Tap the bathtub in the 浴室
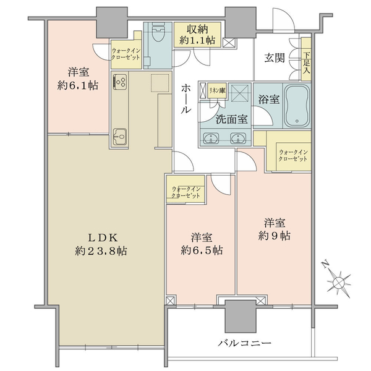(297, 106)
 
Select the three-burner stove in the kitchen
(120, 82)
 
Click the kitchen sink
(120, 137)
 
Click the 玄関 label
(275, 58)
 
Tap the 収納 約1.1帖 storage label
(197, 35)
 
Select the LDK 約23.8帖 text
(101, 244)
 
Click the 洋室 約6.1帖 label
(78, 79)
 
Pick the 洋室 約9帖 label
(275, 229)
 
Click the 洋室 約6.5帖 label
(202, 244)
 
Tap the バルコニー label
(244, 343)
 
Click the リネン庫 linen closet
(217, 90)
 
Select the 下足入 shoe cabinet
(306, 59)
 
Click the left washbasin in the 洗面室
(211, 139)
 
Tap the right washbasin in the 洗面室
(239, 139)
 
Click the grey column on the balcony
(241, 317)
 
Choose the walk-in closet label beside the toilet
(126, 54)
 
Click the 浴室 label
(268, 99)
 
